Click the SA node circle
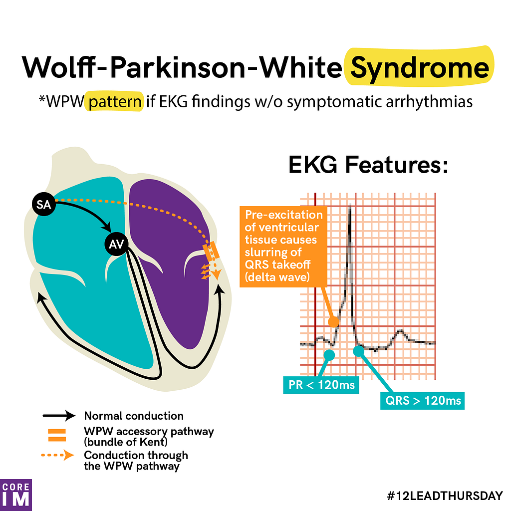point(44,205)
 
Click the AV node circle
point(116,244)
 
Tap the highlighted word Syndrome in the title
point(420,68)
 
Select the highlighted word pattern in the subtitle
point(115,102)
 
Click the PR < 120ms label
point(321,385)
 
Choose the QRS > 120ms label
point(423,401)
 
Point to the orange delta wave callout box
point(283,247)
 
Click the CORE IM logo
point(15,495)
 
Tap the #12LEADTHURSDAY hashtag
point(445,496)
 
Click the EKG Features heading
point(369,165)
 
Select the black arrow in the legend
point(59,416)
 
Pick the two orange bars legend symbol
point(57,435)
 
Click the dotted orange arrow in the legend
point(58,455)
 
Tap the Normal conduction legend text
point(134,416)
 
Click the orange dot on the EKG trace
point(333,322)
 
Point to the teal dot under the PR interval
point(329,355)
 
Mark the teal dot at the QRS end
point(358,351)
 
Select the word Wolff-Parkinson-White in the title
point(182,68)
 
